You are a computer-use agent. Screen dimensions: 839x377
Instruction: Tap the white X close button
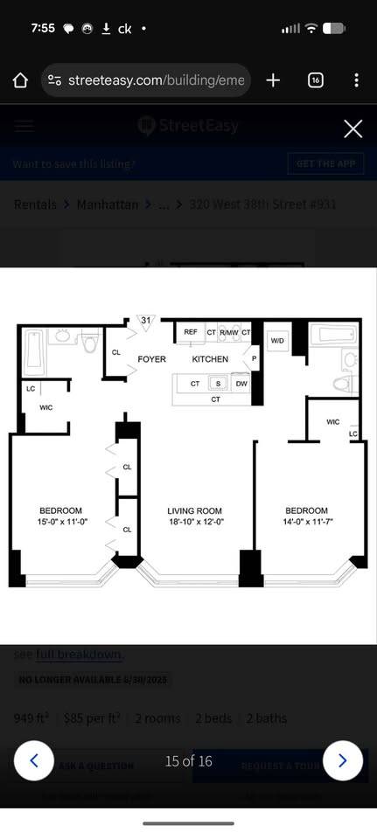click(353, 129)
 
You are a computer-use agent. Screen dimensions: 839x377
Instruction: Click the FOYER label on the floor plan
click(152, 359)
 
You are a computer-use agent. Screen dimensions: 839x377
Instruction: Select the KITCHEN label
click(210, 359)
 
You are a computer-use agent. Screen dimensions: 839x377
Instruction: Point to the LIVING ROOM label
click(195, 511)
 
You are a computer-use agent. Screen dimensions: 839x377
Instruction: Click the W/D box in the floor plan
click(277, 340)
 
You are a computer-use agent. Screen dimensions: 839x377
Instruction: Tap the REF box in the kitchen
click(191, 332)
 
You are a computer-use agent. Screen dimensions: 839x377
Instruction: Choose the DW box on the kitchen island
click(241, 384)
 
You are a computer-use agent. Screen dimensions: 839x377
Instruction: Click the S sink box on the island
click(219, 384)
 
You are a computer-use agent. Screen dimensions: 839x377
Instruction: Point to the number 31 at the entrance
click(146, 321)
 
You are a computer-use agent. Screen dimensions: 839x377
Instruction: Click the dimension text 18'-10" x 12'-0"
click(195, 523)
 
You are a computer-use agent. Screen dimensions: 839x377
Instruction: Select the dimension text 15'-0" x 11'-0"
click(60, 523)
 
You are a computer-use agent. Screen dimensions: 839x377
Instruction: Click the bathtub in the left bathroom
click(33, 351)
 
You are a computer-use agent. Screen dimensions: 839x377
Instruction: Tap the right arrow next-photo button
click(342, 760)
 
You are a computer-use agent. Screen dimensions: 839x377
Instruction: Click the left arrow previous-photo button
click(34, 760)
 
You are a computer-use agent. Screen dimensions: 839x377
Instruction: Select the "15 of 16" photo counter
click(189, 761)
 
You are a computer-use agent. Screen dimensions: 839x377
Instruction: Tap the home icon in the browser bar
click(21, 80)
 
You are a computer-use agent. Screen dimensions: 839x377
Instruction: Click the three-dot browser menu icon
click(356, 80)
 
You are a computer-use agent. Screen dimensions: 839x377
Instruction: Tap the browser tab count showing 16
click(316, 80)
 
